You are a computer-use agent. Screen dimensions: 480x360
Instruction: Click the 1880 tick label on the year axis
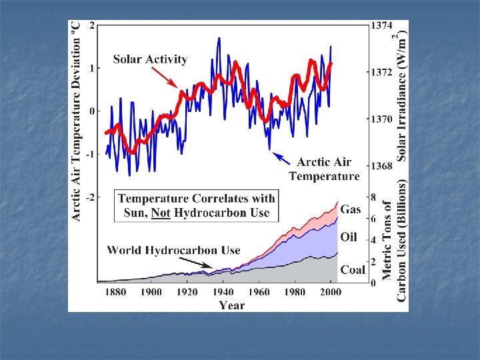point(116,292)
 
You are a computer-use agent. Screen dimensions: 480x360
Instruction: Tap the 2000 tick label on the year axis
point(331,292)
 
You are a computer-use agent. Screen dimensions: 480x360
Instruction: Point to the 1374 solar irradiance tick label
point(381,25)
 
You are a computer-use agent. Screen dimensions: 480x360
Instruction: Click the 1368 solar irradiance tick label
point(381,166)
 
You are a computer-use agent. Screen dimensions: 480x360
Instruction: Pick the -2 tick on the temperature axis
point(91,197)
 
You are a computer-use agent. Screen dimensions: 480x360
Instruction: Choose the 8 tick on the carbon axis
point(373,197)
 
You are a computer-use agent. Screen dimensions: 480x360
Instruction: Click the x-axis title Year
point(232,305)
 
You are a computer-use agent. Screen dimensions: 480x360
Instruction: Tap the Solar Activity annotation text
point(150,59)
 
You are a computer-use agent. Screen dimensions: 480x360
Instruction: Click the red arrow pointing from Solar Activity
point(165,77)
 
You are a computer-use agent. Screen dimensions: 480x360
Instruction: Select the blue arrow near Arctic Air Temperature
point(281,158)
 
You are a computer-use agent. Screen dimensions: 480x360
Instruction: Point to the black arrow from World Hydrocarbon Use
point(195,263)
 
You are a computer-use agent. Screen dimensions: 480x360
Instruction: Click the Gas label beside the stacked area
point(351,209)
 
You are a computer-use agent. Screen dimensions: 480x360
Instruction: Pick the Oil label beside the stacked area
point(349,237)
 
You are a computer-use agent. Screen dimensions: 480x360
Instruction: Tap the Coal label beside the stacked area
point(353,270)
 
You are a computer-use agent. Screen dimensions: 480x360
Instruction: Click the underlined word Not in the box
point(161,213)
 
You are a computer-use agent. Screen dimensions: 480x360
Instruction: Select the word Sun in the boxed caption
point(134,213)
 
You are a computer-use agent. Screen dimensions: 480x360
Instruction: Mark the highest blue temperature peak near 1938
point(219,39)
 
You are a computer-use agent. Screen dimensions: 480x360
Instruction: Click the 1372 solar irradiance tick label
point(381,72)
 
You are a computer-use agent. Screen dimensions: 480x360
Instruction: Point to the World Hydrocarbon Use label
point(173,250)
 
